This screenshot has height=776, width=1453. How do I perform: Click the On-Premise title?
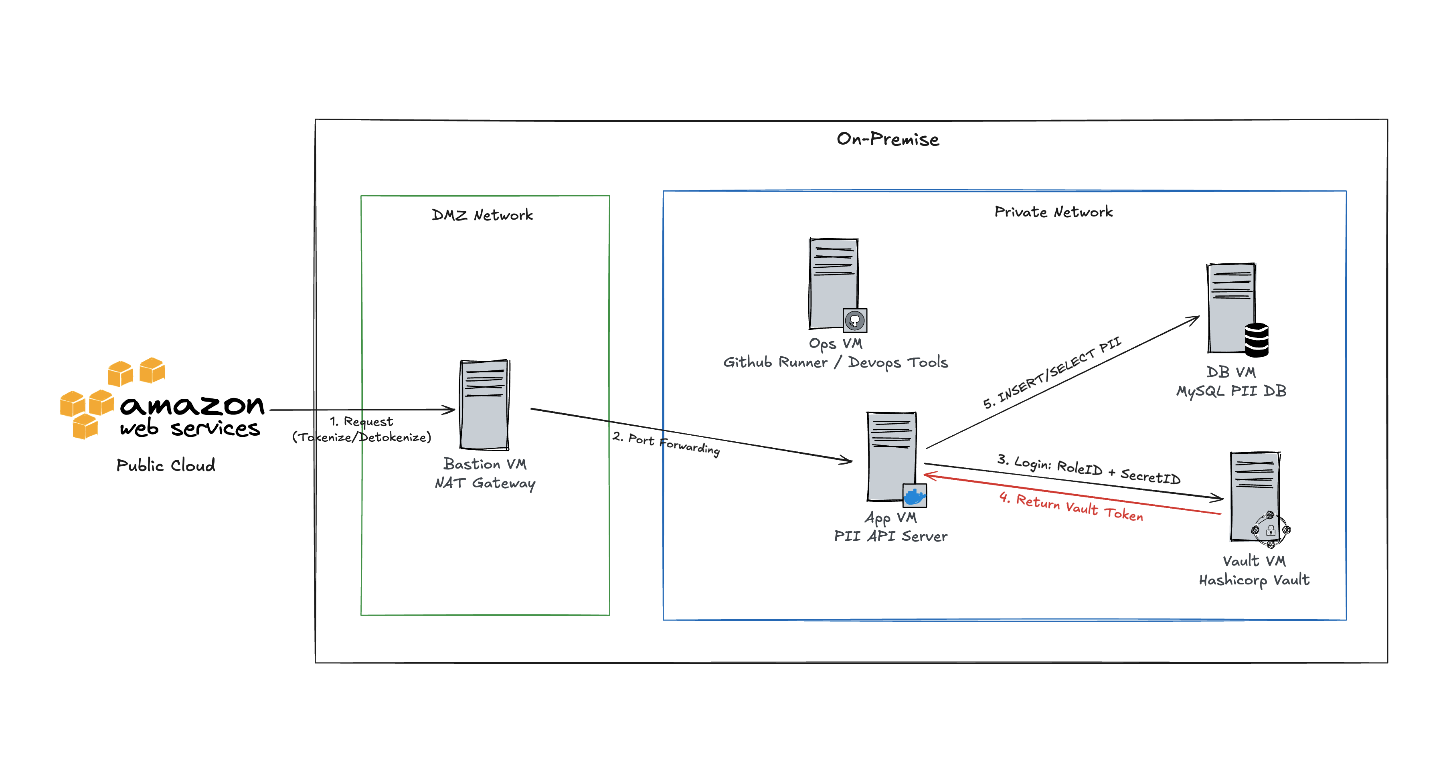point(888,139)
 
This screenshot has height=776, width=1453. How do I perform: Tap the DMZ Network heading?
point(482,215)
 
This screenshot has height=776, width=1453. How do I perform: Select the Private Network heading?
point(1053,212)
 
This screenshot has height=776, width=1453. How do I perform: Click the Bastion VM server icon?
point(484,404)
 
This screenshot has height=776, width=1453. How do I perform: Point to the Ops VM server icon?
point(834,284)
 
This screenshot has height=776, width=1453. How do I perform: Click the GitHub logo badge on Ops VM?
point(854,320)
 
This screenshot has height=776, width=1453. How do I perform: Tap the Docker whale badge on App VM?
point(914,496)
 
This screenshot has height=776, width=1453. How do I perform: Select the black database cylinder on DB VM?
point(1257,339)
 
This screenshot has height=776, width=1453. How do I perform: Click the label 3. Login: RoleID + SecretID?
point(1089,469)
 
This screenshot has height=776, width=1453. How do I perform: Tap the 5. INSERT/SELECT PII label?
point(1052,372)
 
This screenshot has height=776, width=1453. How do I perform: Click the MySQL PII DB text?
point(1231,391)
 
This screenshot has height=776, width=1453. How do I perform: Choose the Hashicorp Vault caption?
point(1254,580)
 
